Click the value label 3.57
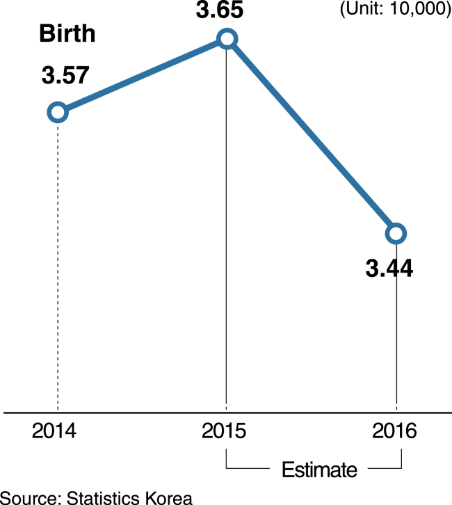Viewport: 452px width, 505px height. (65, 75)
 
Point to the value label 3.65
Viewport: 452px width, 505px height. (220, 9)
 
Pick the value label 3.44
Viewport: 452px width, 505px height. (389, 268)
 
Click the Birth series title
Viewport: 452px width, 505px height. (67, 33)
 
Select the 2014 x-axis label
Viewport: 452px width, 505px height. (54, 431)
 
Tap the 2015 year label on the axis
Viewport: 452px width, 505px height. (224, 431)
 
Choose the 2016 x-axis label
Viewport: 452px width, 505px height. (394, 431)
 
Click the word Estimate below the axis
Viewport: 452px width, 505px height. (319, 470)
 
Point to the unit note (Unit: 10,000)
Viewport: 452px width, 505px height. (396, 9)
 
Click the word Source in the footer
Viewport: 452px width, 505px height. (31, 497)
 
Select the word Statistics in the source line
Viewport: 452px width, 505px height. (103, 497)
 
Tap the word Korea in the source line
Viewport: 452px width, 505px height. (169, 497)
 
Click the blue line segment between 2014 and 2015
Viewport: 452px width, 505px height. (143, 76)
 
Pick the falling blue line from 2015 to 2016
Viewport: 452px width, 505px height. (312, 136)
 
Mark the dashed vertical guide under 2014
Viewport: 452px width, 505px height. (58, 266)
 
